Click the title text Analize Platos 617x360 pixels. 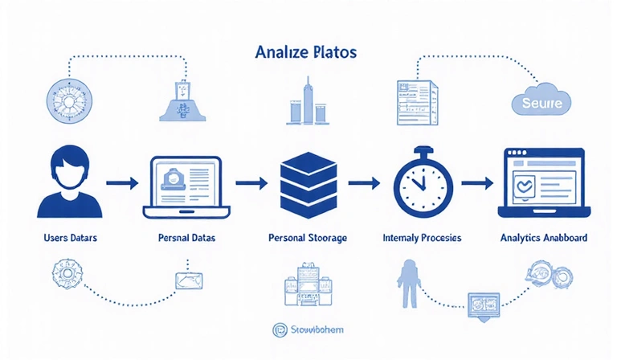click(304, 52)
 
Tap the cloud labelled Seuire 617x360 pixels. click(541, 103)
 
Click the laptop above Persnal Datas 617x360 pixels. click(186, 186)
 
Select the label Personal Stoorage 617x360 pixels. click(307, 239)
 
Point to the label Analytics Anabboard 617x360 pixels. click(543, 239)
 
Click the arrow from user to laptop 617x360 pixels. click(121, 183)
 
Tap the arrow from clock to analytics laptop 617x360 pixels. click(478, 183)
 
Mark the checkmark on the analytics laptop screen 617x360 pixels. click(525, 185)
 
